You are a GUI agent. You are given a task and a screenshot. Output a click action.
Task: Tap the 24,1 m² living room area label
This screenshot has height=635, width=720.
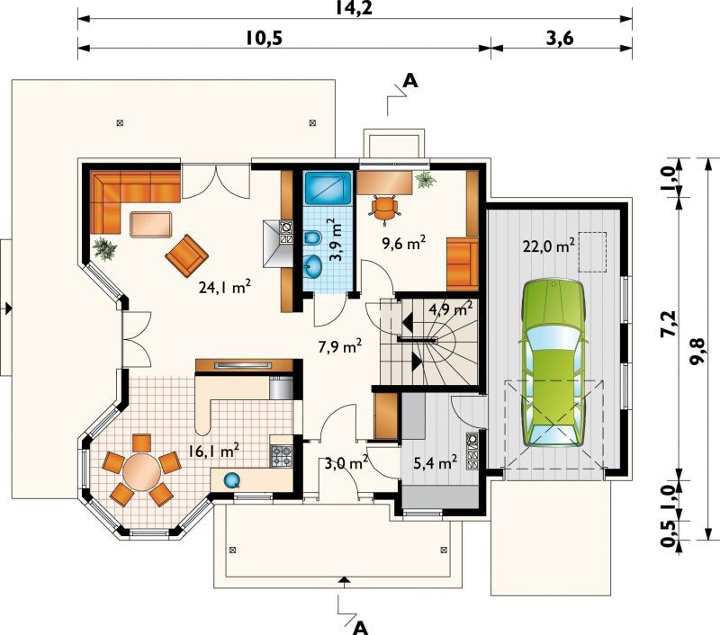(x=225, y=287)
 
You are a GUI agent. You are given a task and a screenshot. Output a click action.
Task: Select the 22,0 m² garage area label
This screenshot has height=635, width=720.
(x=549, y=246)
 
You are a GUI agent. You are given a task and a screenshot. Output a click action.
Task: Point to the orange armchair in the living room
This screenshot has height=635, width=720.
(x=186, y=255)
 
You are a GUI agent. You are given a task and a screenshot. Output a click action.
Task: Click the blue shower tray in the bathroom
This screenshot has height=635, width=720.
(x=328, y=187)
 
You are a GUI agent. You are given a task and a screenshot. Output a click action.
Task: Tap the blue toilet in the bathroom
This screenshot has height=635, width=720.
(x=312, y=237)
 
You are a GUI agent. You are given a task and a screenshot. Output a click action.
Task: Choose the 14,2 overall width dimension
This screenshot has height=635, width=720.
(x=354, y=8)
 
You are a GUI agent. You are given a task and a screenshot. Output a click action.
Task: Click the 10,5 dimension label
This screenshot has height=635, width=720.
(x=263, y=39)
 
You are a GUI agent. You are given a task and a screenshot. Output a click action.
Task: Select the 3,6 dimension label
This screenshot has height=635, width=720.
(x=560, y=39)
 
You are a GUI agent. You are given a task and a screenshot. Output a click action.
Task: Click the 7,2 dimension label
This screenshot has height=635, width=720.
(x=669, y=324)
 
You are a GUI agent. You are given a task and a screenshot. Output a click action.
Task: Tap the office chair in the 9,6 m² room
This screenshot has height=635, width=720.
(x=384, y=209)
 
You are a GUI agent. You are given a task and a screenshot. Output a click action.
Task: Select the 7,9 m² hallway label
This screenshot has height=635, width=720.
(x=340, y=346)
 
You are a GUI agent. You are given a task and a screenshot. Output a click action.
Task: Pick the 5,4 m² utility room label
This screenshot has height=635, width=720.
(x=435, y=462)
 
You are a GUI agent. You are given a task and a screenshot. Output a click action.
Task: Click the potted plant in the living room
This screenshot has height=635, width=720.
(x=105, y=248)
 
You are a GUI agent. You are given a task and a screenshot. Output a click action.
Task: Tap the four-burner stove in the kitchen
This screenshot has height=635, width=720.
(x=281, y=456)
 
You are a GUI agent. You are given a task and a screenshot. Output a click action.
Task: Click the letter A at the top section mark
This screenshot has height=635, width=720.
(x=409, y=81)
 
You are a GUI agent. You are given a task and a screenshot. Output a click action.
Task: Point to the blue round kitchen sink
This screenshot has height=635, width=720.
(x=231, y=480)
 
